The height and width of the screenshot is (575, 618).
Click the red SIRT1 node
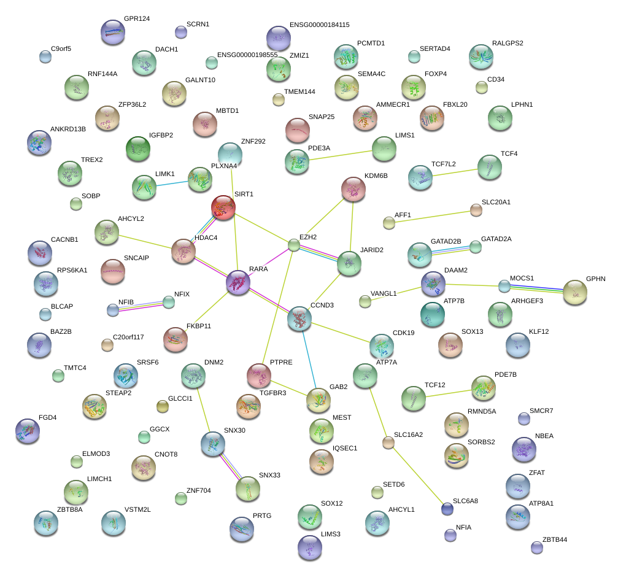pyautogui.click(x=223, y=207)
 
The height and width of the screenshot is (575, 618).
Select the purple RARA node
pyautogui.click(x=238, y=282)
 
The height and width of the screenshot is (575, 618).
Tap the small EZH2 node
pyautogui.click(x=293, y=245)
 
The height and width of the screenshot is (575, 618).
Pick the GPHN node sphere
pyautogui.click(x=575, y=292)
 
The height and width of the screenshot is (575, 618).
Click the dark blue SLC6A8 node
pyautogui.click(x=447, y=509)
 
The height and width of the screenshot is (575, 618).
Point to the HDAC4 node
pyautogui.click(x=183, y=251)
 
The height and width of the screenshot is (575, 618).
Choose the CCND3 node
pyautogui.click(x=299, y=318)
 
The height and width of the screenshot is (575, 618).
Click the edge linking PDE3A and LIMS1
pyautogui.click(x=341, y=155)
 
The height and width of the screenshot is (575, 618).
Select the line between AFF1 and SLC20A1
pyautogui.click(x=433, y=217)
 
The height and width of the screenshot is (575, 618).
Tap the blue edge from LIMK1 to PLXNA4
pyautogui.click(x=172, y=183)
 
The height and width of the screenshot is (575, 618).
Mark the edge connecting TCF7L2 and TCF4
pyautogui.click(x=455, y=172)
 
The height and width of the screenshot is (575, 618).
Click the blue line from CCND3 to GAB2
pyautogui.click(x=309, y=360)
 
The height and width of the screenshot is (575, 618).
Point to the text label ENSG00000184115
pyautogui.click(x=320, y=25)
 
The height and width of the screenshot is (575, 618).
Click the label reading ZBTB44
pyautogui.click(x=555, y=539)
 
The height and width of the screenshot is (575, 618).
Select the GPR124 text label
pyautogui.click(x=137, y=18)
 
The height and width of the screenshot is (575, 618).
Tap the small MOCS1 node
pyautogui.click(x=504, y=286)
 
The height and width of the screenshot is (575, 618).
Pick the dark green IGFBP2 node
pyautogui.click(x=138, y=149)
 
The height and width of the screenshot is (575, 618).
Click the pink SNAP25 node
pyautogui.click(x=298, y=130)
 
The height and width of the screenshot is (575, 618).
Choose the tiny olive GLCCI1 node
pyautogui.click(x=163, y=406)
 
